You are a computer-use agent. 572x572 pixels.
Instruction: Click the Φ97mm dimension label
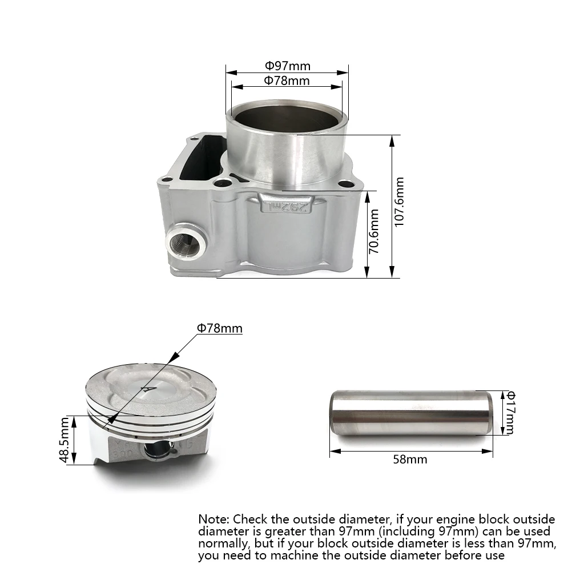[x=288, y=66]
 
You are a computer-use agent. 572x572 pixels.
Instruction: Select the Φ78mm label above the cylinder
[x=287, y=80]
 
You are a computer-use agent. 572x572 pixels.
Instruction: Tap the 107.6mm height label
[x=400, y=202]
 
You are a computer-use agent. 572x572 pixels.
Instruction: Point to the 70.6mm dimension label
[x=374, y=231]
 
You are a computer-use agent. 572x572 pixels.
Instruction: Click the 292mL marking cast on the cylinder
[x=285, y=206]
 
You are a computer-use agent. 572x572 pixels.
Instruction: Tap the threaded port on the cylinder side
[x=186, y=241]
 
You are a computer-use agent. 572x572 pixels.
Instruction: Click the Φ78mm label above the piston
[x=220, y=328]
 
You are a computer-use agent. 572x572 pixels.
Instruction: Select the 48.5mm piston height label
[x=65, y=440]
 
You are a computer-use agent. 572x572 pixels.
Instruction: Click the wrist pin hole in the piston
[x=157, y=450]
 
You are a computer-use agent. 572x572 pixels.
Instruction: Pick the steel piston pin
[x=411, y=413]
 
